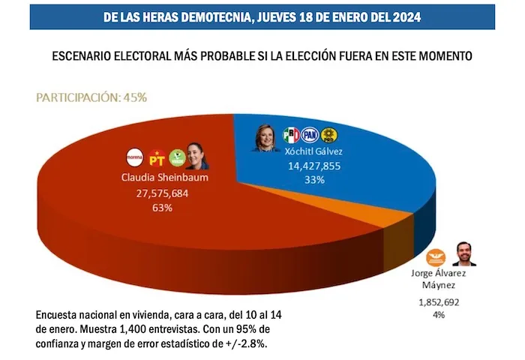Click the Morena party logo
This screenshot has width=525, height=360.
[134, 158]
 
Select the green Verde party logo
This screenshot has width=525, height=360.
[177, 158]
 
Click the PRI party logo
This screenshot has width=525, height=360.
[291, 135]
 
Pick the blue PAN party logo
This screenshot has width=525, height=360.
[310, 135]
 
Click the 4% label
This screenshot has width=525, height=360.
[438, 315]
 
